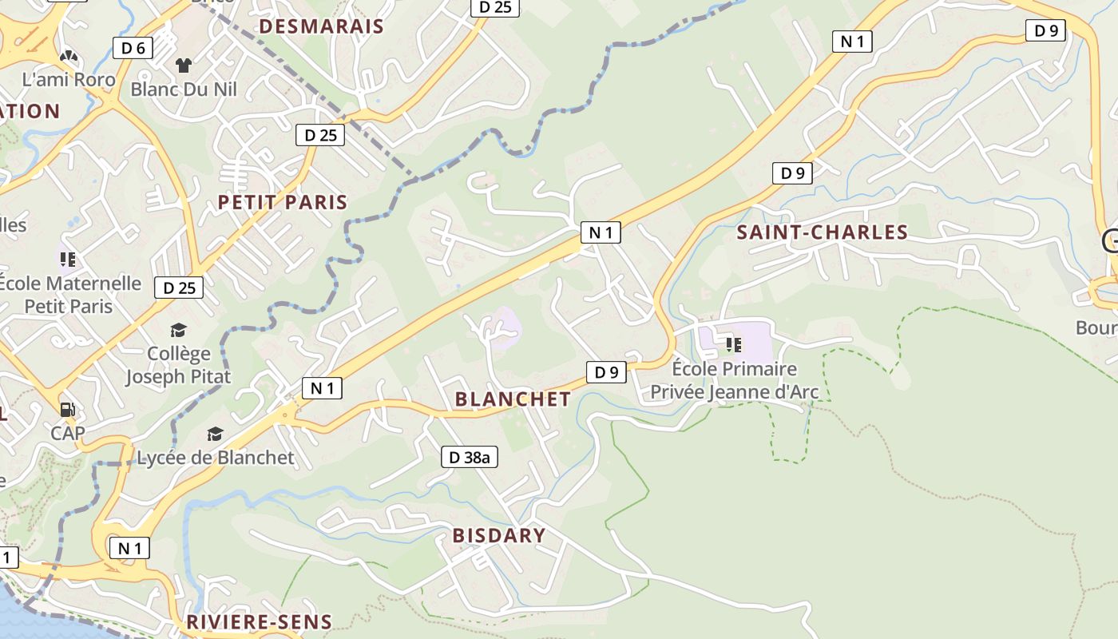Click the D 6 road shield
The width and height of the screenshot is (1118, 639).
[x=133, y=48]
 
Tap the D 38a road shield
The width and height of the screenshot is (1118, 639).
[x=470, y=458]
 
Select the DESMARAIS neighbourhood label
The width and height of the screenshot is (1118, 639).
[x=322, y=26]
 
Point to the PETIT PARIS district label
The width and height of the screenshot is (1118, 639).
[x=283, y=202]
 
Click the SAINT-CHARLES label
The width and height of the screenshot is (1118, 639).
[x=823, y=232]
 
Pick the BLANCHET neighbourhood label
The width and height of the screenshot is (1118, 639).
[x=513, y=399]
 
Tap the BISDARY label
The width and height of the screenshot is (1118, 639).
[x=499, y=535]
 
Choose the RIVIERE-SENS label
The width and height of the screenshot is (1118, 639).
[x=259, y=622]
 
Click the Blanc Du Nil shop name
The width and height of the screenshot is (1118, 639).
[x=184, y=89]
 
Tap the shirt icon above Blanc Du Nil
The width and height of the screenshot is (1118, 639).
[x=184, y=65]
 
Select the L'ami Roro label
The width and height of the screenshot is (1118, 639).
[x=69, y=80]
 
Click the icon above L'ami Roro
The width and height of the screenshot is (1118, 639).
[x=69, y=57]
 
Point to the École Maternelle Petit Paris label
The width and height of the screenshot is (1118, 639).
[x=69, y=295]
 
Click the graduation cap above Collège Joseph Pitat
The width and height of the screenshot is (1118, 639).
[x=178, y=330]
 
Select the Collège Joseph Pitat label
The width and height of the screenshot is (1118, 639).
[x=178, y=365]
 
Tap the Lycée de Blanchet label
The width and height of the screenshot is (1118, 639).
[x=216, y=458]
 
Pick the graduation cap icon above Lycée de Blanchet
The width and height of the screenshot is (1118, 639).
[x=215, y=434]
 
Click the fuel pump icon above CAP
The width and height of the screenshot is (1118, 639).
[x=68, y=410]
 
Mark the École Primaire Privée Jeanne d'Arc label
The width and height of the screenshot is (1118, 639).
[x=724, y=380]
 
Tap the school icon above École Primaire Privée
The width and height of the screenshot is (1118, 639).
[x=733, y=345]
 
